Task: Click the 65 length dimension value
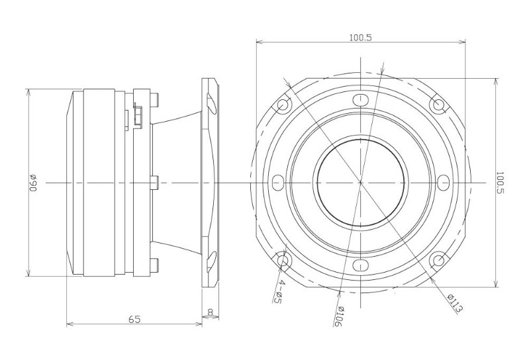click(x=134, y=320)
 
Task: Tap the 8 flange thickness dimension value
click(x=211, y=312)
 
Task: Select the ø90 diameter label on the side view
click(x=33, y=183)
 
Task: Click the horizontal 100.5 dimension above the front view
click(x=361, y=37)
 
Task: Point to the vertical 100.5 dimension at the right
click(x=500, y=183)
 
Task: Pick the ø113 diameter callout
click(x=455, y=304)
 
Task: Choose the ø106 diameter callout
click(x=339, y=316)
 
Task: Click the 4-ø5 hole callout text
click(x=278, y=292)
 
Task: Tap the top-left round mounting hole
click(x=283, y=105)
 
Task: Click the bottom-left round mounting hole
click(x=283, y=260)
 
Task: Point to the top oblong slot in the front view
click(x=361, y=99)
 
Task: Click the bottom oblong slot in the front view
click(x=361, y=265)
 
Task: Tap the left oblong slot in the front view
click(x=277, y=183)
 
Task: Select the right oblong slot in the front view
click(x=444, y=183)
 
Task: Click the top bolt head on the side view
click(x=155, y=100)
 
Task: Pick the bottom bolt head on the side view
click(x=155, y=265)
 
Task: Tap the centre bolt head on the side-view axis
click(x=154, y=183)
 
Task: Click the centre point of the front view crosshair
click(x=361, y=183)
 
